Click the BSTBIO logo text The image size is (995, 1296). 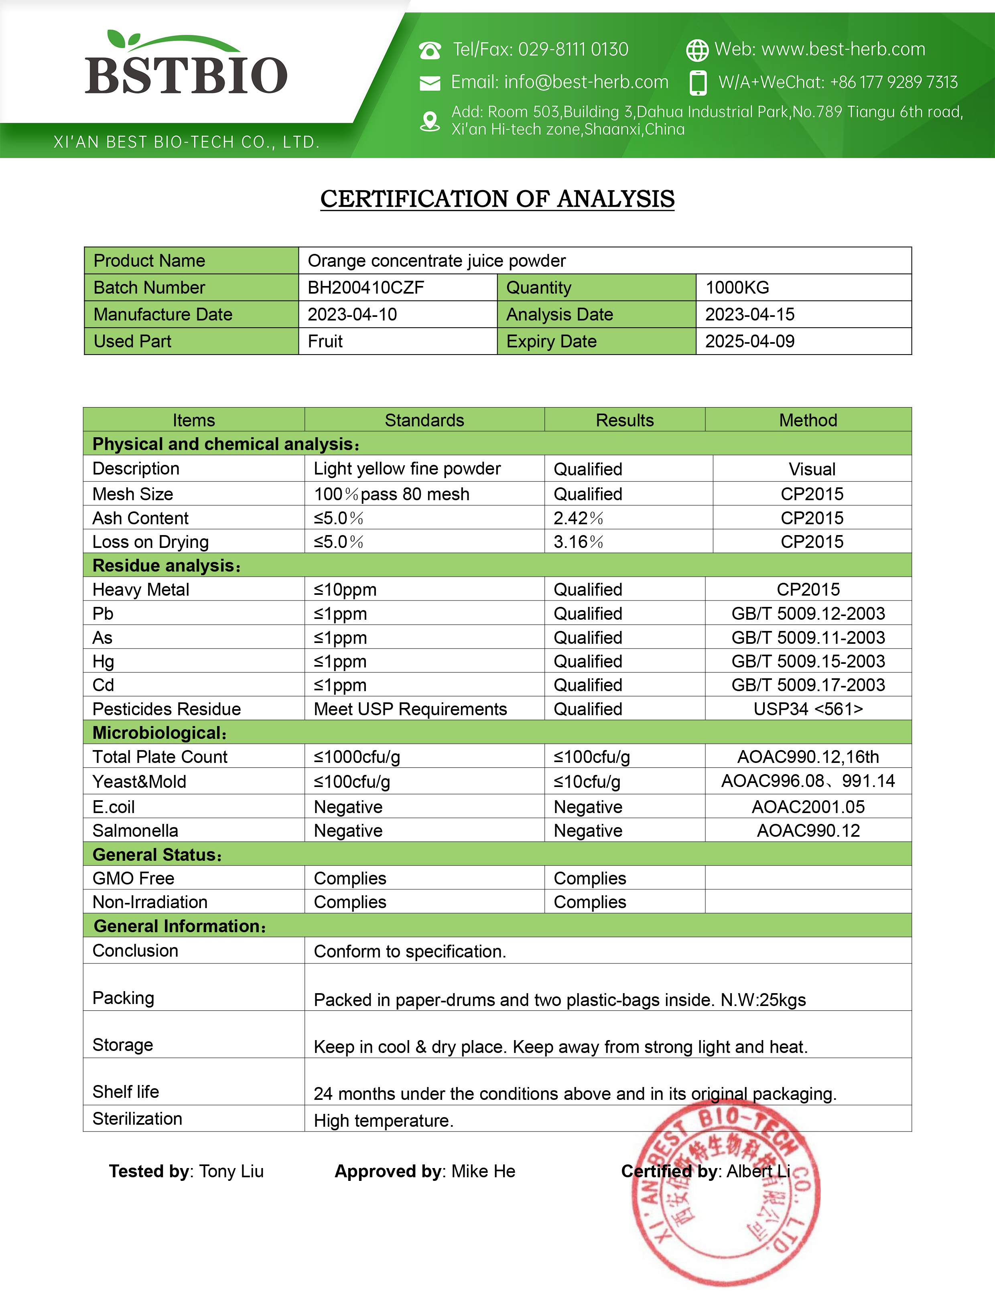[x=186, y=75]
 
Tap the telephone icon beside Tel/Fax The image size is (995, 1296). [x=430, y=50]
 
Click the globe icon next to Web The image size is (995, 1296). [x=696, y=50]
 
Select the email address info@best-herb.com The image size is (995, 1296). [x=586, y=82]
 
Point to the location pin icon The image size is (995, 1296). [x=430, y=121]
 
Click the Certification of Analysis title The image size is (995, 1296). [x=497, y=199]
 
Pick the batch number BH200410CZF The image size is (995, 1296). [x=366, y=288]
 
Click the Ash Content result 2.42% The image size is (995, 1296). [x=578, y=518]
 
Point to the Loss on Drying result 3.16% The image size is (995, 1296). [x=578, y=542]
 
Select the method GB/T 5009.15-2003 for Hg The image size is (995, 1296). [x=808, y=661]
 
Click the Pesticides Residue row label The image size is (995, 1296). [x=167, y=709]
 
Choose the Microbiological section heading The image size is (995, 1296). [x=159, y=733]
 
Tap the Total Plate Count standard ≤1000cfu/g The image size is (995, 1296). [x=357, y=757]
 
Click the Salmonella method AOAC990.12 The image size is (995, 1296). [x=808, y=831]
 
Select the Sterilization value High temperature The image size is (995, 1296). [x=383, y=1121]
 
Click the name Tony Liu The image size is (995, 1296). [x=231, y=1171]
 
